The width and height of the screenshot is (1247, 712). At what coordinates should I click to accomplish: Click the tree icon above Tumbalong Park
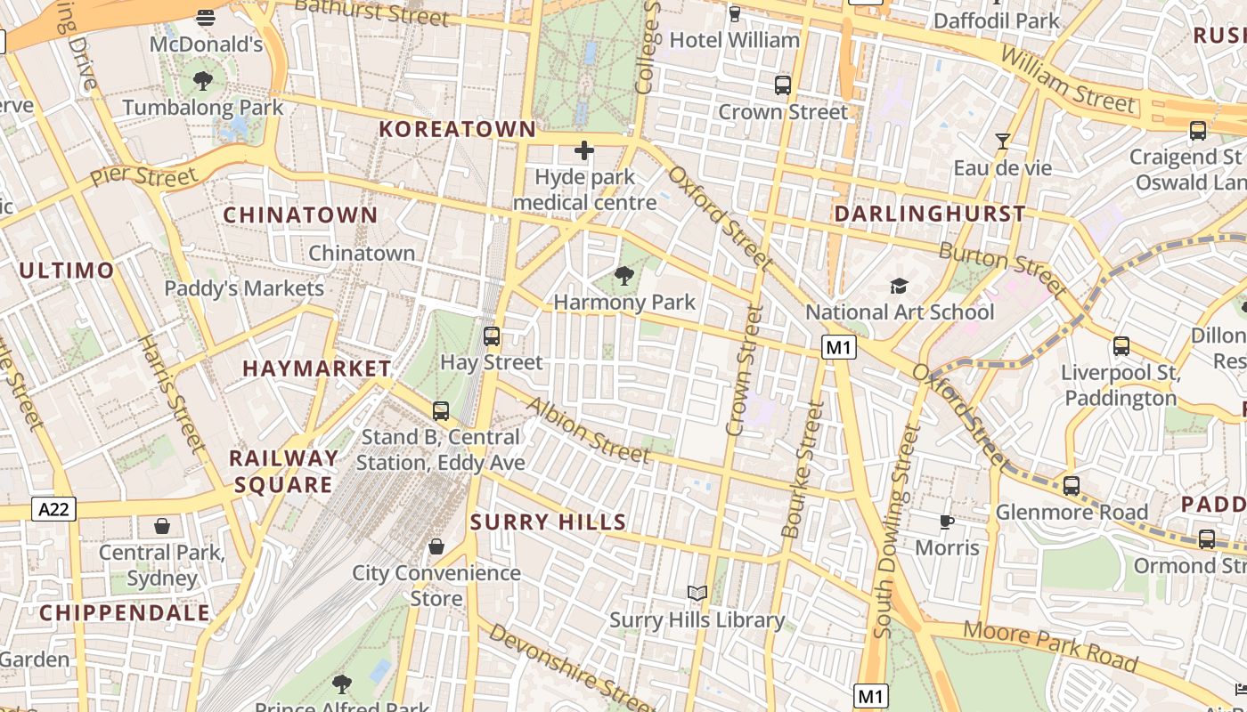pos(203,81)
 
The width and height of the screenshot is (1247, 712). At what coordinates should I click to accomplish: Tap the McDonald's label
pos(206,44)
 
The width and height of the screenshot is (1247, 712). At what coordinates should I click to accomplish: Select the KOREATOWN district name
pos(458,129)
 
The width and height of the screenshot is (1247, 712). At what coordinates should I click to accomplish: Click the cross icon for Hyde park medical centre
pos(584,150)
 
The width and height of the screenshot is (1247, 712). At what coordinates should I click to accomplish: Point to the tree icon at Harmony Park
pos(624,276)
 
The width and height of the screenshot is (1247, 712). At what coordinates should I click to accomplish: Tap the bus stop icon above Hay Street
pos(492,336)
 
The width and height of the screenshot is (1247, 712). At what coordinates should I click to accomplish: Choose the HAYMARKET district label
pos(317,368)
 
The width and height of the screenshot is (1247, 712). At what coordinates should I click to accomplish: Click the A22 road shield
pos(54,509)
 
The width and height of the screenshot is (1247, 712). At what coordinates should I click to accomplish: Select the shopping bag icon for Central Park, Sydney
pos(162,526)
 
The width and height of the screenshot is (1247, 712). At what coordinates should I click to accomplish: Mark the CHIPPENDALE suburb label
pos(125,612)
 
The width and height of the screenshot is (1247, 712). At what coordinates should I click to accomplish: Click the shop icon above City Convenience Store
pos(436,546)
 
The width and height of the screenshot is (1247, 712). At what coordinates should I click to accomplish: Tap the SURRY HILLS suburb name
pos(548,522)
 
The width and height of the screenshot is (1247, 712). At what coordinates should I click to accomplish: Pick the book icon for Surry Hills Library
pos(697,593)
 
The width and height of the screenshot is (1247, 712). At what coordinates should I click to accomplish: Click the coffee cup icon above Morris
pos(947,521)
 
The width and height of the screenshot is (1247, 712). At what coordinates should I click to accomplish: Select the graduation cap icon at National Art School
pos(900,286)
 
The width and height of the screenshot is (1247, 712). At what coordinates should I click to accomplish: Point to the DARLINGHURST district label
pos(930,214)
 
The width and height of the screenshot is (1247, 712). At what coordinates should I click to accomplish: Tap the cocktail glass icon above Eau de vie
pos(1003,141)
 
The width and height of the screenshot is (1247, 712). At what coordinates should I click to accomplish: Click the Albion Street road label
pos(589,430)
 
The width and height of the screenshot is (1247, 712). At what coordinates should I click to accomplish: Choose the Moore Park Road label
pos(1051,647)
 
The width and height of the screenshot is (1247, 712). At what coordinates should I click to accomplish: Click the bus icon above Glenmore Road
pos(1072,486)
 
